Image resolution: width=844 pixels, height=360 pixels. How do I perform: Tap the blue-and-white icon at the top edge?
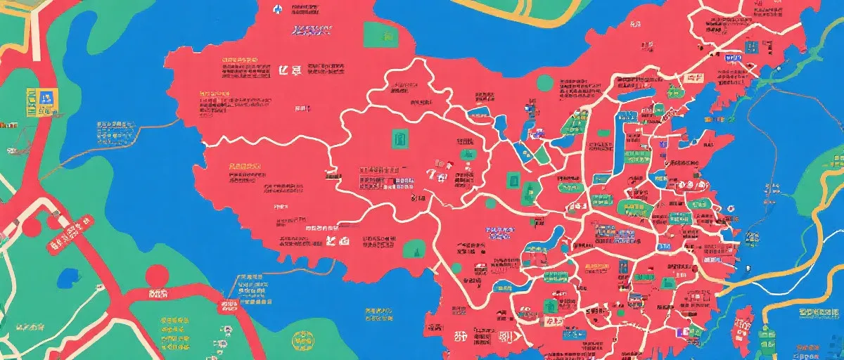[277, 9]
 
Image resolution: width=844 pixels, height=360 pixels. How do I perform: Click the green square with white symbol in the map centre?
[399, 138]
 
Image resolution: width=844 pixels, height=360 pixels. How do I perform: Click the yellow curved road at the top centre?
[520, 14]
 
